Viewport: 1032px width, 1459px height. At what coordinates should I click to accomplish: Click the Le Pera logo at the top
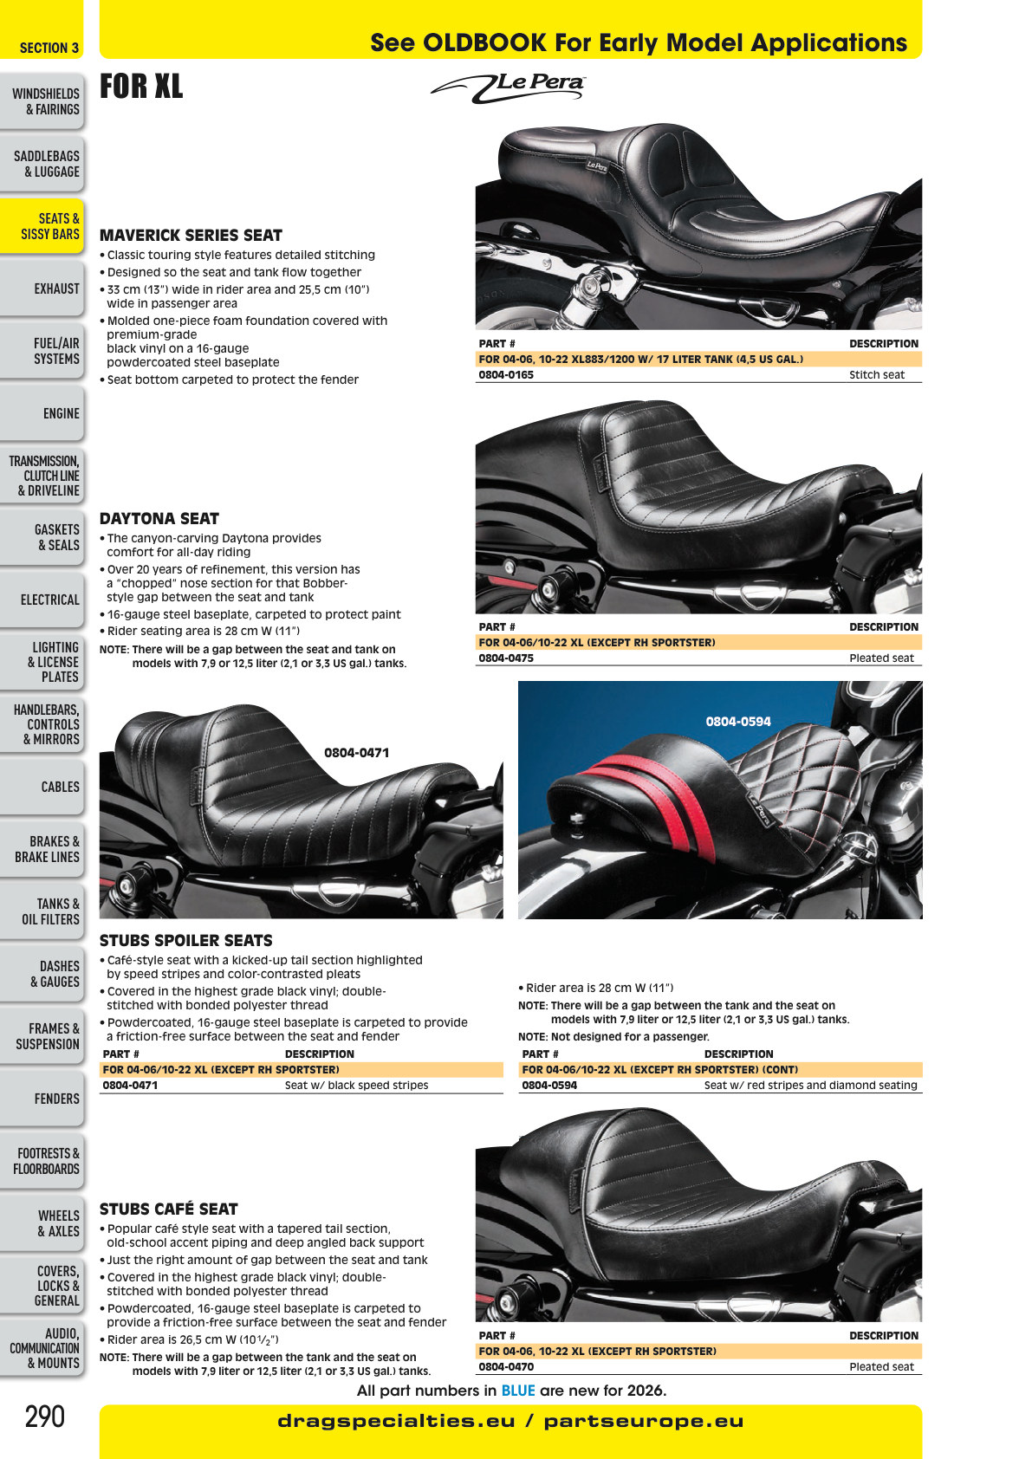tap(508, 88)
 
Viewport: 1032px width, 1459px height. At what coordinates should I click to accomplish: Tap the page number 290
tap(45, 1416)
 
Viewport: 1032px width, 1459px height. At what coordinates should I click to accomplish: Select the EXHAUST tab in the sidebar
tap(56, 289)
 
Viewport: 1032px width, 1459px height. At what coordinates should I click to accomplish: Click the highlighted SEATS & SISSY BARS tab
tap(50, 226)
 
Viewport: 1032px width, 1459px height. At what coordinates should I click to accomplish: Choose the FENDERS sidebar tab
tap(56, 1099)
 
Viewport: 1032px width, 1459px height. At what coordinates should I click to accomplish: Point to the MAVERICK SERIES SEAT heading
tap(191, 235)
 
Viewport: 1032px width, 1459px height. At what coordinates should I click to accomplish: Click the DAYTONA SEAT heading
tap(159, 518)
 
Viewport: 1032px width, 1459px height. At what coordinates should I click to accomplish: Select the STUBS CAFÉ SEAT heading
tap(169, 1209)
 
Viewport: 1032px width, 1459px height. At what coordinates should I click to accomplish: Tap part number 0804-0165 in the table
tap(505, 374)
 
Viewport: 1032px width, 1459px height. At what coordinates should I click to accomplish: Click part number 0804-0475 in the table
tap(505, 658)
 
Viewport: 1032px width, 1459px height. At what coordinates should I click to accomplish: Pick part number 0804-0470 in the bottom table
tap(505, 1366)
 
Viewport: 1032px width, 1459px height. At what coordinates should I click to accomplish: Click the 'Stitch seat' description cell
tap(876, 374)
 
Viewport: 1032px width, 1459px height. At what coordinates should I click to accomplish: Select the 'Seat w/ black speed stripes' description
tap(356, 1085)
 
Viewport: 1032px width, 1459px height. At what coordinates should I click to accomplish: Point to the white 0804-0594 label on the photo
tap(738, 722)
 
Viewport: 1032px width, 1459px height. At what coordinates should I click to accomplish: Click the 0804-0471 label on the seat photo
tap(356, 753)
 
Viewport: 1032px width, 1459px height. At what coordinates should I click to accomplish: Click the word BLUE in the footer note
tap(518, 1391)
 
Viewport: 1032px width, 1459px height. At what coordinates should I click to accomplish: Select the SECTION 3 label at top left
tap(49, 48)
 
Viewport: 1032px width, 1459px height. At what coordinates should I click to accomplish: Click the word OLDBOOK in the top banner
tap(484, 43)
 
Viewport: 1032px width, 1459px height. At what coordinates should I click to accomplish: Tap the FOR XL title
tap(141, 86)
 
